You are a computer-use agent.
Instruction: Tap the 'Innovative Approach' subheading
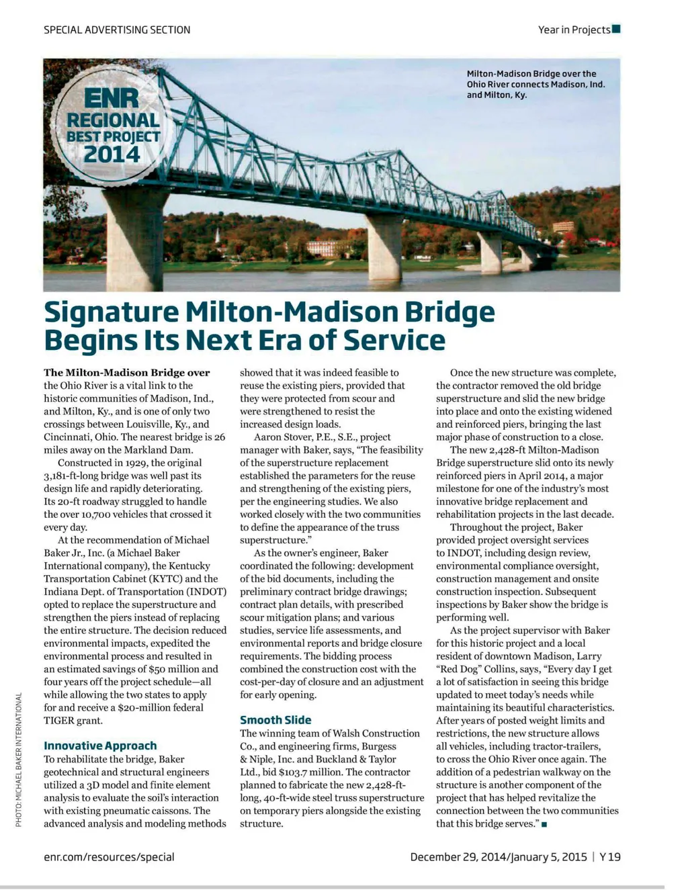pyautogui.click(x=100, y=746)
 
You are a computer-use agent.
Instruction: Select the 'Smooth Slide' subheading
pyautogui.click(x=275, y=720)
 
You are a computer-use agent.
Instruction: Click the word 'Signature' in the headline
pyautogui.click(x=112, y=312)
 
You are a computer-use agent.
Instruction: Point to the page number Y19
pyautogui.click(x=610, y=857)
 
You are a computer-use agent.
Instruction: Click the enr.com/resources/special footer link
pyautogui.click(x=109, y=857)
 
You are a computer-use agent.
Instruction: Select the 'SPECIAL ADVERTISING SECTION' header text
pyautogui.click(x=117, y=30)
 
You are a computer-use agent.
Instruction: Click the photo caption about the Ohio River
pyautogui.click(x=535, y=84)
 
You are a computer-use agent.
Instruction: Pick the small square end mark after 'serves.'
pyautogui.click(x=543, y=825)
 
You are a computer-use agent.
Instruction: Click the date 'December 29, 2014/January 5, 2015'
pyautogui.click(x=499, y=857)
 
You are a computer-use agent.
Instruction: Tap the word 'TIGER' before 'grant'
pyautogui.click(x=58, y=721)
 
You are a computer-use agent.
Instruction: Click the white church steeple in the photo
pyautogui.click(x=218, y=235)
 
